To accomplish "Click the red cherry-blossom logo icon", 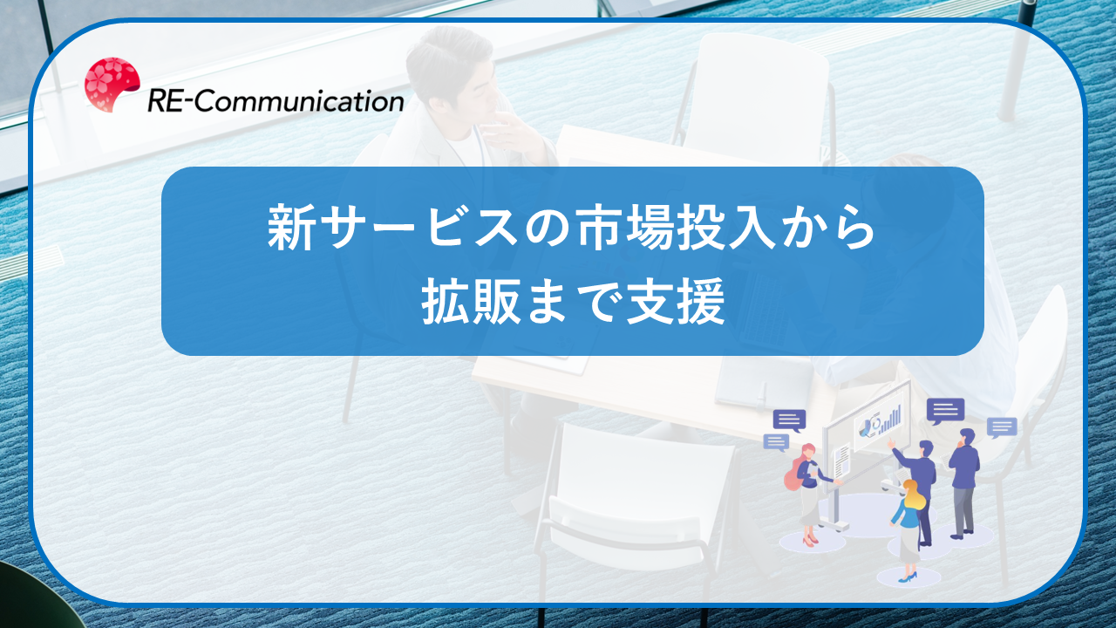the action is (x=112, y=85).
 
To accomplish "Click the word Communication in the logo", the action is (x=299, y=101).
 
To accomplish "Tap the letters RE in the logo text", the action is (x=164, y=102).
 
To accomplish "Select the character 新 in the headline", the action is (x=291, y=227).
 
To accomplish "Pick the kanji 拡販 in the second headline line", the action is (x=472, y=302).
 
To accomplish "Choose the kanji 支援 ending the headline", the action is (x=676, y=302).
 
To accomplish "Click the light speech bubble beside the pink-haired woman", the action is (x=776, y=442).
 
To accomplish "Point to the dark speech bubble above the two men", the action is (x=945, y=411).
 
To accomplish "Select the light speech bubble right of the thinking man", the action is (x=1002, y=427).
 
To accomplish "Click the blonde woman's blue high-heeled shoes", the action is (x=908, y=577).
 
